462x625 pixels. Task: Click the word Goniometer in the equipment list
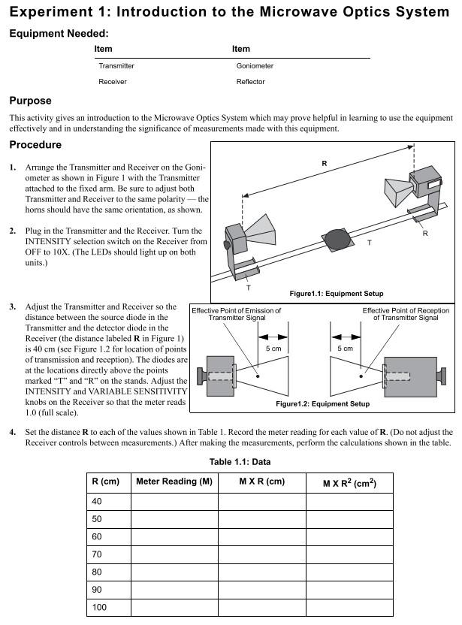(x=255, y=65)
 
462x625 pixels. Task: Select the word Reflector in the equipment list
(x=251, y=82)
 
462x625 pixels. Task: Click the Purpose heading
(x=30, y=101)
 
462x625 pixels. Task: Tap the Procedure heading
(x=35, y=144)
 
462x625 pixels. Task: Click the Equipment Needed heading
(x=59, y=34)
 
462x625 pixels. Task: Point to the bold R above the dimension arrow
(x=324, y=162)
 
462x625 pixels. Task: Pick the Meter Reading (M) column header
(x=174, y=481)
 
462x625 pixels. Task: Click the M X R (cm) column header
(x=261, y=481)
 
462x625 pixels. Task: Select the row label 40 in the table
(x=97, y=501)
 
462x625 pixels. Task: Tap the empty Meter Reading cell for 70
(x=174, y=554)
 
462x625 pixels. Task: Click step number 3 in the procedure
(x=13, y=307)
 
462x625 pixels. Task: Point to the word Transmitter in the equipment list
(x=116, y=65)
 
